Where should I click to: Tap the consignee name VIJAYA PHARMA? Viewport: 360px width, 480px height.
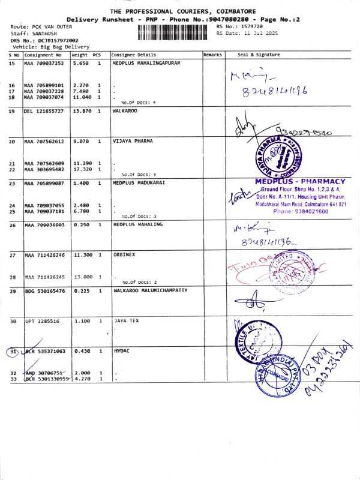point(133,141)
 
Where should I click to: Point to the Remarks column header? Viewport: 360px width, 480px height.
point(212,55)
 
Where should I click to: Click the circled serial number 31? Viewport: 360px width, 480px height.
point(13,351)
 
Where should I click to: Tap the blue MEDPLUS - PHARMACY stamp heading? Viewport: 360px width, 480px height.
point(300,181)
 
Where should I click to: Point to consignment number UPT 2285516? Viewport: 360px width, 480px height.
point(41,321)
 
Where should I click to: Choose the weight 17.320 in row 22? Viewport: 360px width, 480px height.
point(82,169)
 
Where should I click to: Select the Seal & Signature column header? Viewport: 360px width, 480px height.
point(259,55)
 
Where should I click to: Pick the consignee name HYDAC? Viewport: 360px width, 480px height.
point(122,350)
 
